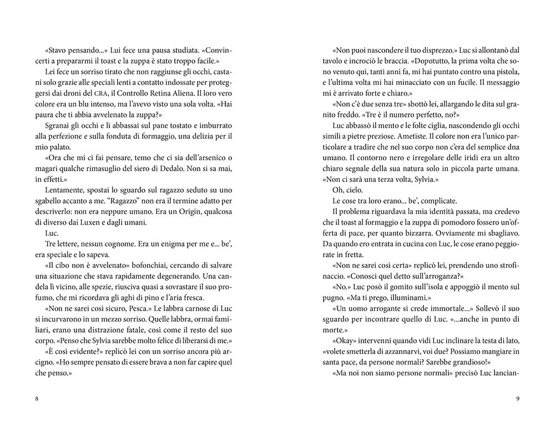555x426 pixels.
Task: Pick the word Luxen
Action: pyautogui.click(x=99, y=222)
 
